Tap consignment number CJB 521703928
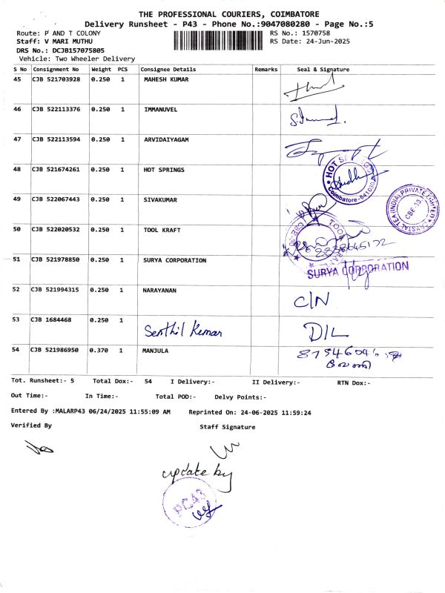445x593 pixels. coord(56,79)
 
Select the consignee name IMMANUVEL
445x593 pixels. coord(161,109)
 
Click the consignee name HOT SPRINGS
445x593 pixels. coord(164,170)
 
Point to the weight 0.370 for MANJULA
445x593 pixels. coord(100,349)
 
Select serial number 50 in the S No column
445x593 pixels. coord(17,230)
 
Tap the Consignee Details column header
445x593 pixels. coord(168,69)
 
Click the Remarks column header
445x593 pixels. coord(266,69)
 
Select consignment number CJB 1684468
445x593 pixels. coord(51,319)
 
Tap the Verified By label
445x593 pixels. coord(31,425)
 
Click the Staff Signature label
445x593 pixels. coord(227,427)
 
